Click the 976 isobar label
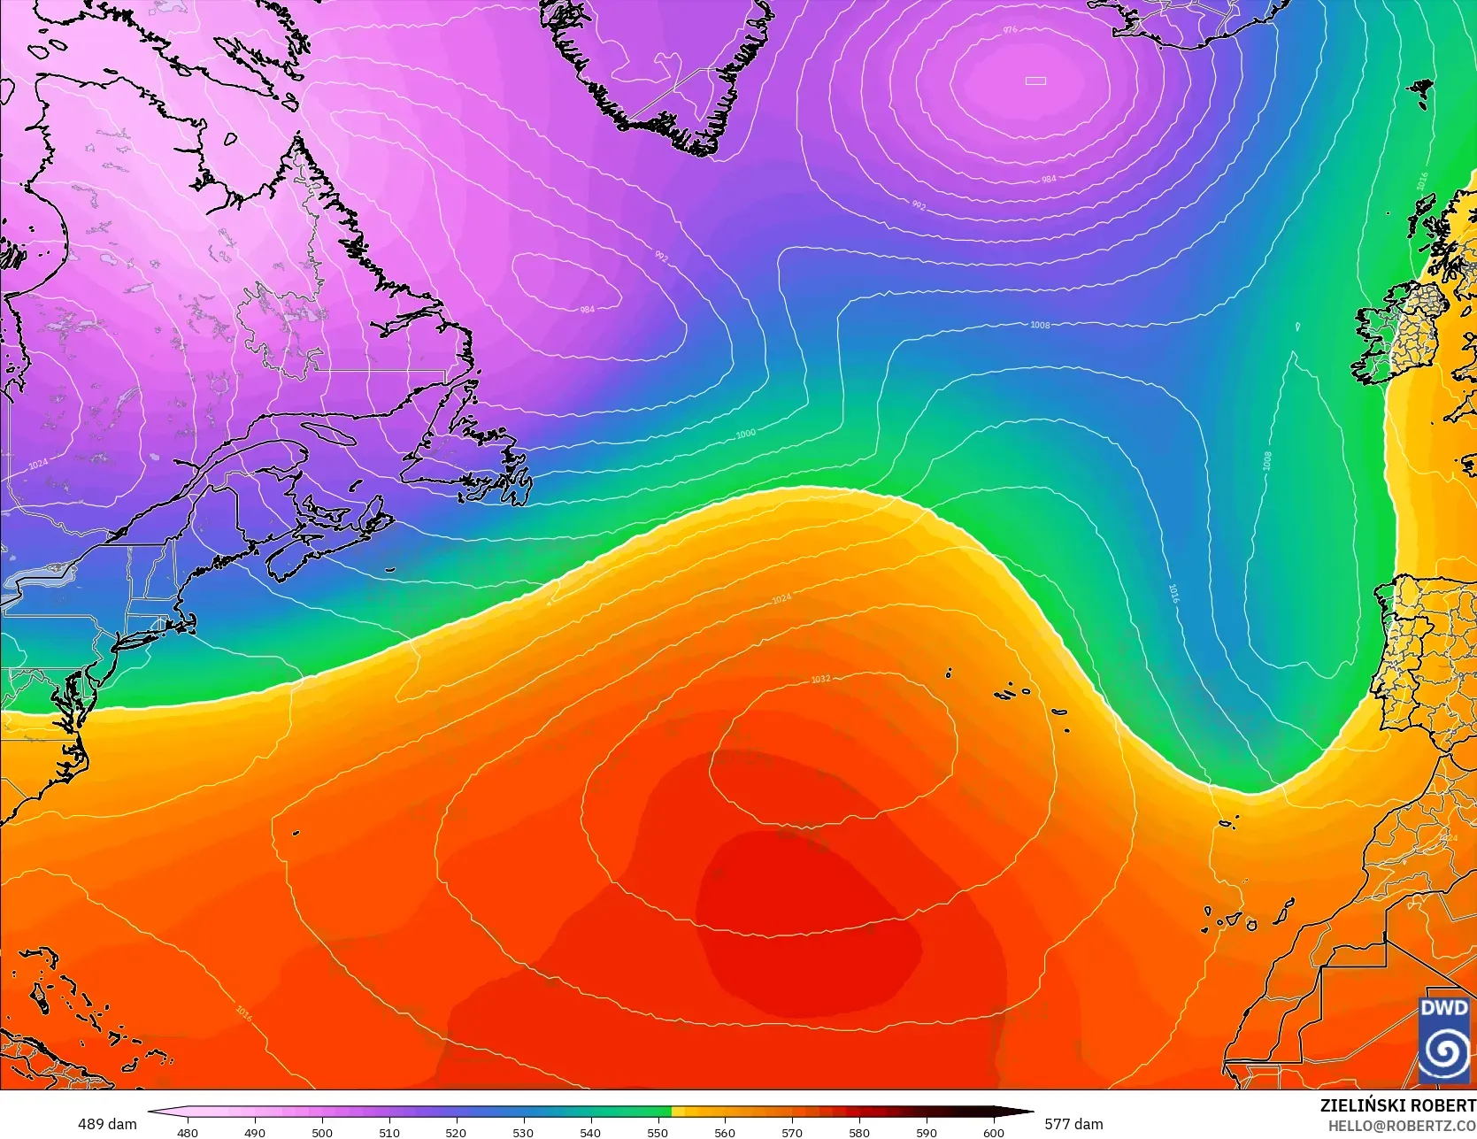coord(1010,30)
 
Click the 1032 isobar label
coord(820,680)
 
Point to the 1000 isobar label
coord(746,435)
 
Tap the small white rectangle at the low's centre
coord(1035,81)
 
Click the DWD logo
coord(1443,1039)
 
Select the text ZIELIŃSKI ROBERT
coord(1397,1105)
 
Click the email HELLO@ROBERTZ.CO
coord(1402,1124)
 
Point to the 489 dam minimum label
coord(107,1124)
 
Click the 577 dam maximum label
coord(1073,1124)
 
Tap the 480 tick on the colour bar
coord(188,1132)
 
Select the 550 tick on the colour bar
coord(658,1132)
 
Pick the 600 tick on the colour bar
coord(993,1132)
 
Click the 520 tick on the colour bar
coord(456,1132)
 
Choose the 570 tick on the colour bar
coord(792,1132)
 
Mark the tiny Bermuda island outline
coord(296,832)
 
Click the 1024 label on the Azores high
coord(781,599)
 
